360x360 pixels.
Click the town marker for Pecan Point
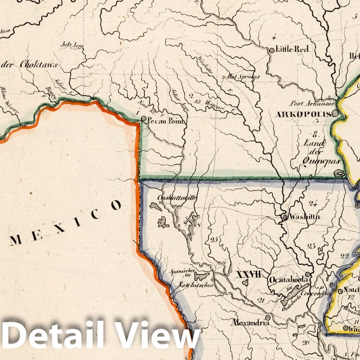click(144, 119)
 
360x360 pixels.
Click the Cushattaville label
click(177, 198)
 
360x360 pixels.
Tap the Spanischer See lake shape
click(202, 276)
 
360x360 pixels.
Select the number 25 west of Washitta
click(214, 240)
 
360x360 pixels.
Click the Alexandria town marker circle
click(267, 318)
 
